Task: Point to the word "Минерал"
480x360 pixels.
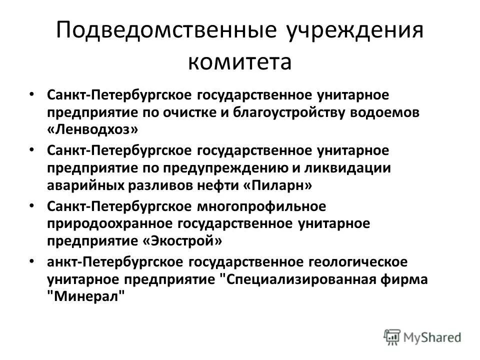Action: pyautogui.click(x=84, y=296)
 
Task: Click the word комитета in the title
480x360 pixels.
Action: pyautogui.click(x=239, y=63)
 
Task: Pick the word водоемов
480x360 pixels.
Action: pyautogui.click(x=386, y=112)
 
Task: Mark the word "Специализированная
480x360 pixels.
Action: pyautogui.click(x=301, y=278)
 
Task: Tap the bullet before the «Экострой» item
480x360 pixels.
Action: pyautogui.click(x=32, y=205)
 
